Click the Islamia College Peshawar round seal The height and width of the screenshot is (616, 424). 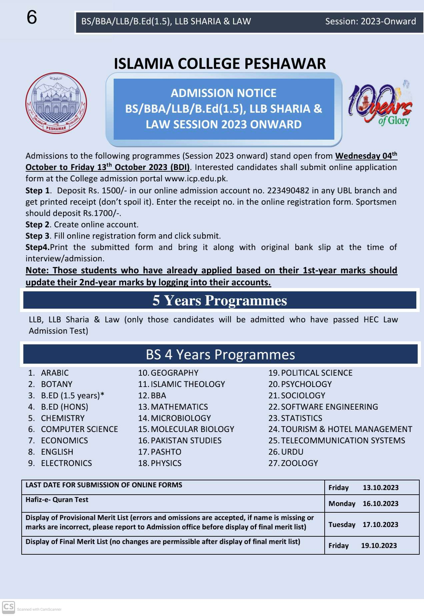click(56, 103)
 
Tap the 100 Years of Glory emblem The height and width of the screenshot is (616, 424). click(380, 103)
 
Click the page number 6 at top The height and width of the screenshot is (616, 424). click(32, 17)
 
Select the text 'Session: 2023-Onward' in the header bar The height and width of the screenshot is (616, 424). click(370, 22)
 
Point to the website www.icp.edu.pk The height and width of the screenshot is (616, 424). click(196, 179)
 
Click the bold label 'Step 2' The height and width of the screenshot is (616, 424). click(37, 225)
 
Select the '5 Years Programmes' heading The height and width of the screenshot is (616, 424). click(220, 301)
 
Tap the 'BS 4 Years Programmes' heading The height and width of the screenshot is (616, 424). click(220, 355)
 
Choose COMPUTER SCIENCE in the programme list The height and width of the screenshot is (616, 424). click(79, 429)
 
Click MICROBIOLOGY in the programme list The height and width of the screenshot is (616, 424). click(181, 418)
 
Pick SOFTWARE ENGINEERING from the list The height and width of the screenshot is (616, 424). click(329, 407)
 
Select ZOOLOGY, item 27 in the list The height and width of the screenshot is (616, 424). click(299, 463)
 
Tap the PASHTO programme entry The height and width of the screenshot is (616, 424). click(166, 452)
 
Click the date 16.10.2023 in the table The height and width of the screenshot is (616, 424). click(380, 504)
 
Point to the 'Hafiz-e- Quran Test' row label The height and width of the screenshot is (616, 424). click(57, 500)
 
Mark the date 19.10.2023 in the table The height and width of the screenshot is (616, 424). click(379, 546)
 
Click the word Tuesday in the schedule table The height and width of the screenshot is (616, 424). click(342, 525)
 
